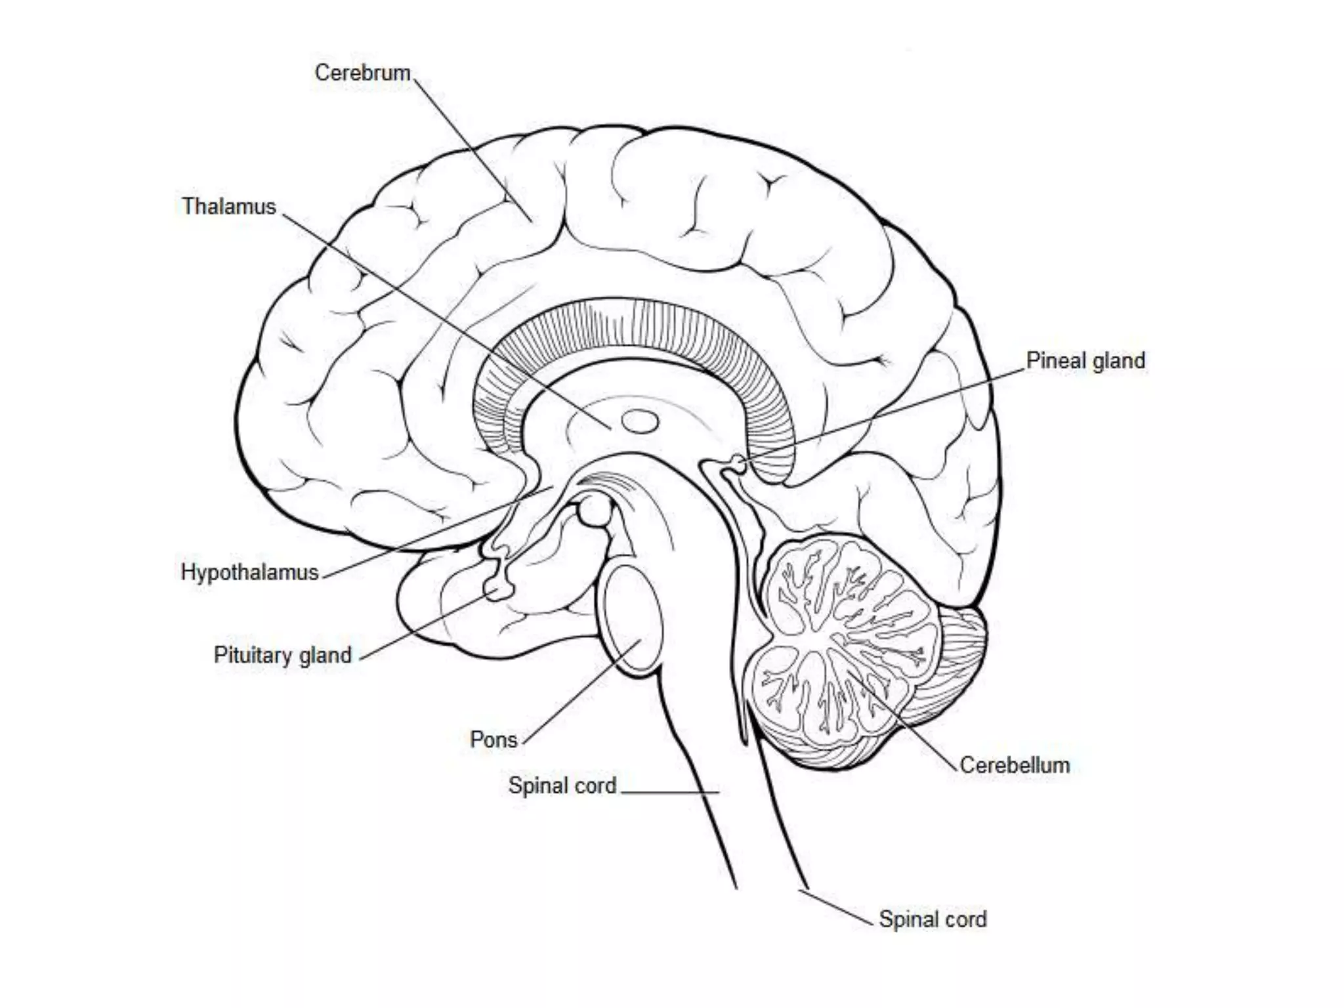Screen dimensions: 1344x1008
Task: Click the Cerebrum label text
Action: tap(362, 73)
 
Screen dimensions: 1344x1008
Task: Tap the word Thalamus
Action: tap(228, 207)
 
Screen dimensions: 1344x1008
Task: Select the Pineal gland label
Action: tap(1085, 360)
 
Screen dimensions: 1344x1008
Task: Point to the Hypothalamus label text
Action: tap(249, 572)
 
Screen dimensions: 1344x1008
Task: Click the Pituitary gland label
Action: tap(282, 655)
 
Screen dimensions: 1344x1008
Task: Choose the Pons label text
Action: tap(493, 740)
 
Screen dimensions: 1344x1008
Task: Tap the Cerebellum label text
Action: tap(1015, 765)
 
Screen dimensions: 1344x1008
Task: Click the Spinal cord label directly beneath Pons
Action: tap(562, 786)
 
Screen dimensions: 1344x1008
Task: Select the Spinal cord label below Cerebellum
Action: tap(933, 919)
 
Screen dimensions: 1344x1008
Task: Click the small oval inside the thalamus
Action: tap(640, 421)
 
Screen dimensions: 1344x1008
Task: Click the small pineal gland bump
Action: tap(740, 464)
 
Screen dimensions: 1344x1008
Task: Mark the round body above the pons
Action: tap(595, 511)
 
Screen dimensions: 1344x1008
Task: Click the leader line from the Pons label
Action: tap(581, 692)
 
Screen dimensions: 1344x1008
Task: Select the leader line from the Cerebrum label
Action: tap(472, 151)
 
